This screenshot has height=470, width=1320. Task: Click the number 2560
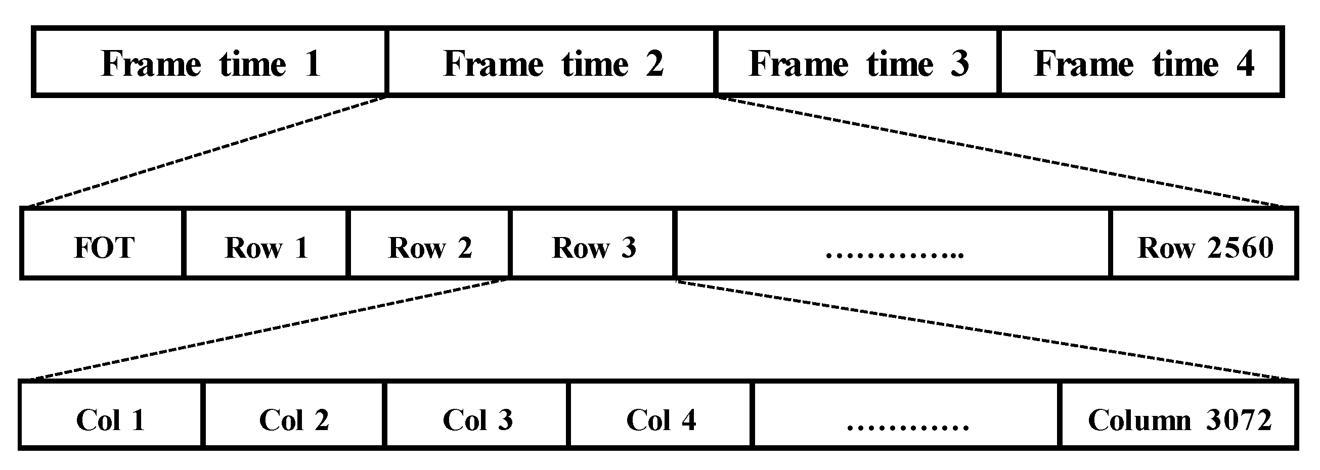pyautogui.click(x=1241, y=248)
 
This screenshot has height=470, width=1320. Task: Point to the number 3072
pyautogui.click(x=1239, y=420)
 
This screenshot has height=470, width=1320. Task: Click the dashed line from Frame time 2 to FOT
pyautogui.click(x=205, y=152)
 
